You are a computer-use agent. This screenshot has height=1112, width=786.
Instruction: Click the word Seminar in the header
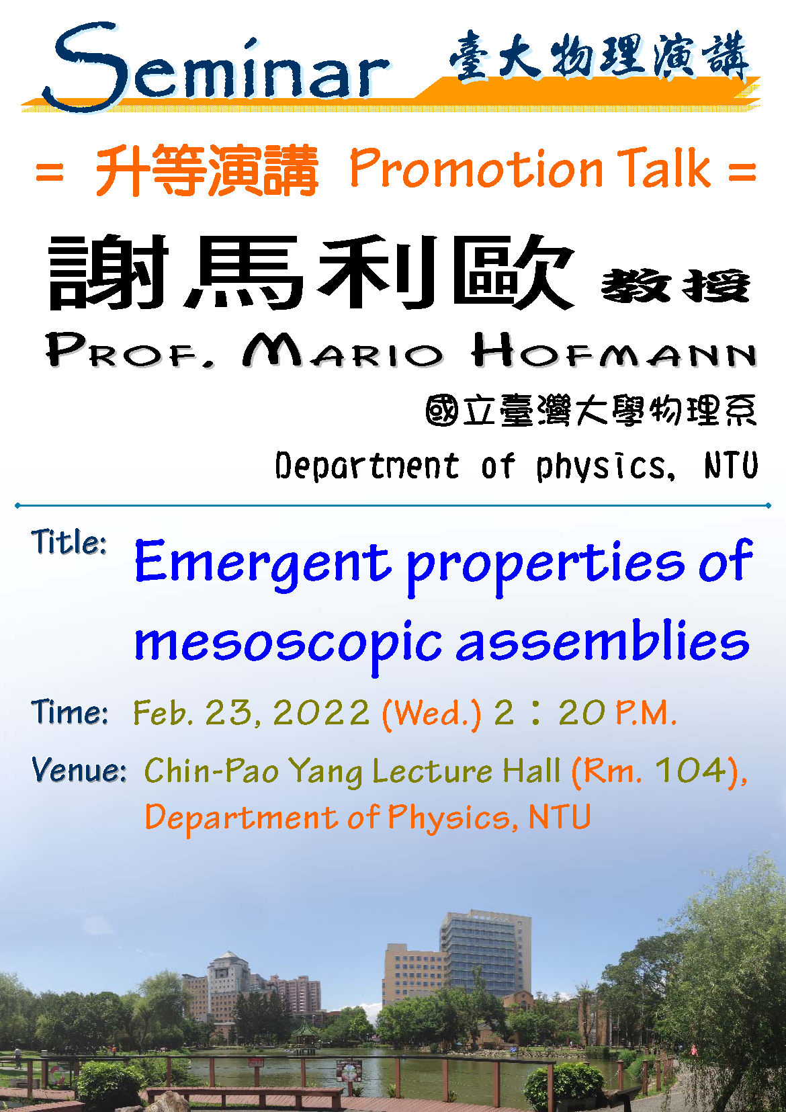pyautogui.click(x=217, y=67)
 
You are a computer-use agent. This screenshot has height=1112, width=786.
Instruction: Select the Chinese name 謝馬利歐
pyautogui.click(x=311, y=271)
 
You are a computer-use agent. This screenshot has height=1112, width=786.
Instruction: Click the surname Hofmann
pyautogui.click(x=614, y=350)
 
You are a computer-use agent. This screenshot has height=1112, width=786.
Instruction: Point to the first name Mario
pyautogui.click(x=343, y=350)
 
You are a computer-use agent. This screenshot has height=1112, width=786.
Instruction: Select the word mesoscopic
pyautogui.click(x=288, y=644)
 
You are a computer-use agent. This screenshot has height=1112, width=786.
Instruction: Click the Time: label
pyautogui.click(x=69, y=712)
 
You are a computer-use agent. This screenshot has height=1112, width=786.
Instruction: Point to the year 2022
pyautogui.click(x=321, y=713)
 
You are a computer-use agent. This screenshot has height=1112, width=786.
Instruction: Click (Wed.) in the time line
pyautogui.click(x=431, y=714)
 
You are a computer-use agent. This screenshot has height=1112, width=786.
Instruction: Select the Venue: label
pyautogui.click(x=79, y=770)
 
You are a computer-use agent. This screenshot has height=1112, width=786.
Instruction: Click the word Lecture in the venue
pyautogui.click(x=432, y=771)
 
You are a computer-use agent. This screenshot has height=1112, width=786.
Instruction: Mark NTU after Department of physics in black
pyautogui.click(x=731, y=465)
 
